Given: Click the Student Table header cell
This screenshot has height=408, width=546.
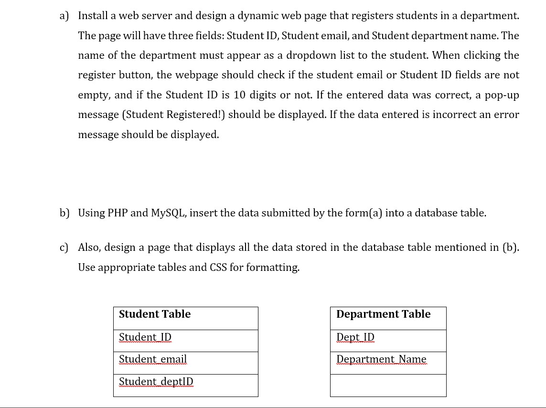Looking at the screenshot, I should [x=185, y=318].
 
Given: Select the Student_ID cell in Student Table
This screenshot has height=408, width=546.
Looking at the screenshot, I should [x=185, y=341].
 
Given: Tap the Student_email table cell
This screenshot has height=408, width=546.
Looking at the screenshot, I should [x=185, y=363].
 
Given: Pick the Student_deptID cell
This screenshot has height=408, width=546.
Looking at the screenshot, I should [x=185, y=385].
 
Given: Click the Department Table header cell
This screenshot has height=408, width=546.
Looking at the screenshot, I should [x=388, y=318].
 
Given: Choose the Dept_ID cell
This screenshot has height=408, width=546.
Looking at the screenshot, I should [x=388, y=341].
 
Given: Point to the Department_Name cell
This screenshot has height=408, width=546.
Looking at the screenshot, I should [x=388, y=363].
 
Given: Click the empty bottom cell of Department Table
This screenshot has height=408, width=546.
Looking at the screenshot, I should [x=388, y=385].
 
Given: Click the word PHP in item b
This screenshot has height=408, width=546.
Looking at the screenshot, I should [x=118, y=213].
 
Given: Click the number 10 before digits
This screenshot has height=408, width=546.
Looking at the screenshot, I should [x=240, y=95].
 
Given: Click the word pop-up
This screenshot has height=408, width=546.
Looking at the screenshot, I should [x=502, y=95].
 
